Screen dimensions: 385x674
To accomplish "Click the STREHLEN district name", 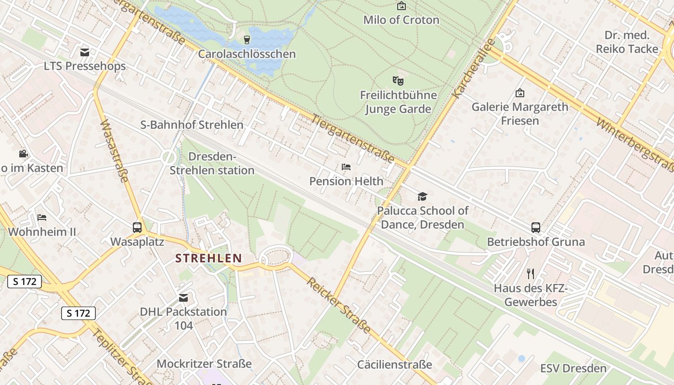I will [x=208, y=258].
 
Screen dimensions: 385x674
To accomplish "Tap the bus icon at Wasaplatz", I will [x=137, y=228].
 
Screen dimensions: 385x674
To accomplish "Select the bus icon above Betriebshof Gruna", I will [x=535, y=228].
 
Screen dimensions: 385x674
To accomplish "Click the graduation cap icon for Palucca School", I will [x=422, y=196].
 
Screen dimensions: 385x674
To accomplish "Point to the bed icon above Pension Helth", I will [x=346, y=167].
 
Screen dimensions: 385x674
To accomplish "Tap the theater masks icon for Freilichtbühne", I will [x=398, y=80].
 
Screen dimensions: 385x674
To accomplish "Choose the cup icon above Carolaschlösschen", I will [x=247, y=39].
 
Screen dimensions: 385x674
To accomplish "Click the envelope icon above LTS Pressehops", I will [x=85, y=52].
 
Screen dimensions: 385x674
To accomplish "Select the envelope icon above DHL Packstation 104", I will [x=183, y=298].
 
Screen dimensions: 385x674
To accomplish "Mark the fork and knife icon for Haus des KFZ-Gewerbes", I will [x=531, y=274].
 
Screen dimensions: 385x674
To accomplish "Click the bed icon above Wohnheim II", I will [x=42, y=218].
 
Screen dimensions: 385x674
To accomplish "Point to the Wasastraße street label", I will [x=115, y=151].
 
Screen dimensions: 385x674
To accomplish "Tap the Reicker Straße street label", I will [x=339, y=306].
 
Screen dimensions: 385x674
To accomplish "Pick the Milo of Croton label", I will [x=401, y=20].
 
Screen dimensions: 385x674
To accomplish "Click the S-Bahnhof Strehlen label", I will [x=192, y=125].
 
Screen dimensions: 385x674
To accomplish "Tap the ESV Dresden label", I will [x=573, y=369].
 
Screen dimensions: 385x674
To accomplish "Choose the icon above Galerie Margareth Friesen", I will [x=519, y=93].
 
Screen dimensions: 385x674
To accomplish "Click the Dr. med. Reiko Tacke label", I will [x=627, y=42].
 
